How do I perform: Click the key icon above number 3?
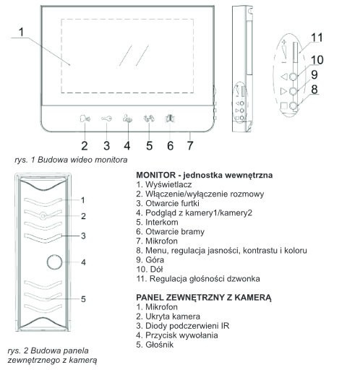[106, 119]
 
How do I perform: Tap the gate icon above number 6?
[170, 119]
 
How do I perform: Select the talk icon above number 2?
[85, 119]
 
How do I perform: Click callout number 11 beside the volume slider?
[317, 38]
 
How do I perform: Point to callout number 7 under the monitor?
[190, 146]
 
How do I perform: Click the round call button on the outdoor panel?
[54, 262]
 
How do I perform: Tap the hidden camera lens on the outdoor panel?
[43, 216]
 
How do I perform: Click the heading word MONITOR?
[156, 175]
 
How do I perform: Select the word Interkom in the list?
[162, 222]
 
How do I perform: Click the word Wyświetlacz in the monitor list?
[168, 185]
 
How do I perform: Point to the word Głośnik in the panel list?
[159, 345]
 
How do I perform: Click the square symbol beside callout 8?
[284, 106]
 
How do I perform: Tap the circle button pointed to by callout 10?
[293, 77]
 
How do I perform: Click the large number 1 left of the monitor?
[22, 32]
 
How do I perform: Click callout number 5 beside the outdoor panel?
[83, 299]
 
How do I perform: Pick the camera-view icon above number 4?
[127, 119]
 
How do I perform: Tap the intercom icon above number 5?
[149, 119]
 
